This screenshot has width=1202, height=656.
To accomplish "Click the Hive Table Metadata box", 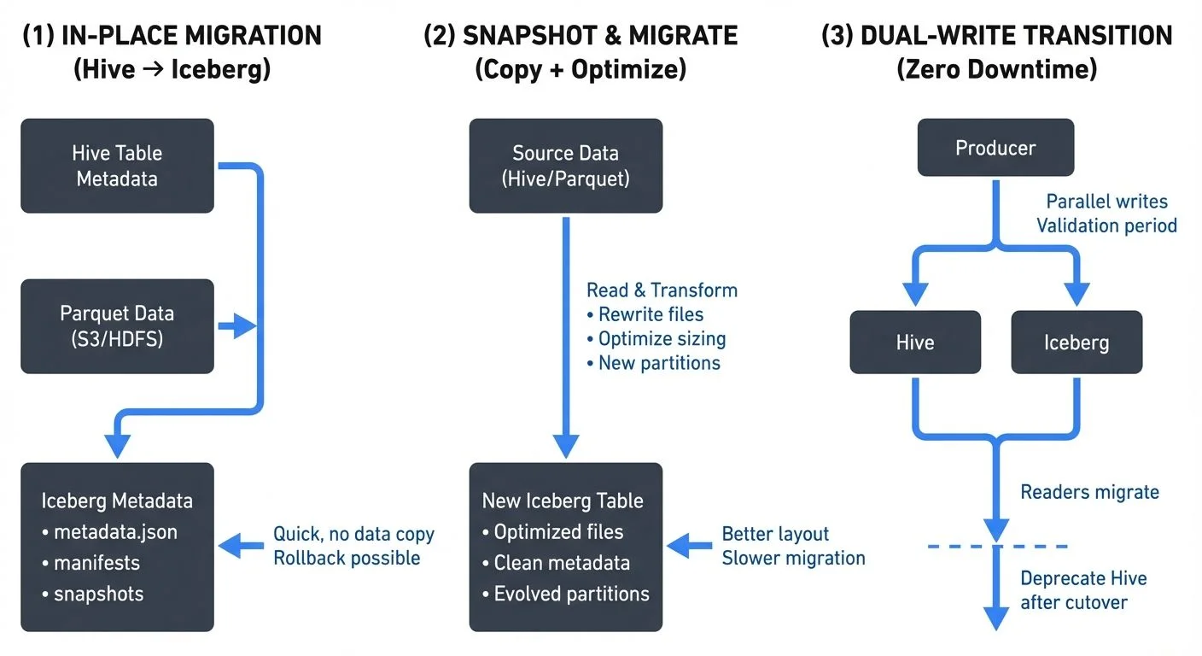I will pos(117,166).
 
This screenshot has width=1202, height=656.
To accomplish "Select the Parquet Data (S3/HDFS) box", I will pos(117,325).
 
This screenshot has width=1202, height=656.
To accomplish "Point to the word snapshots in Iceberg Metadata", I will pos(98,594).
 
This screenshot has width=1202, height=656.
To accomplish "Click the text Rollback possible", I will pos(347,558).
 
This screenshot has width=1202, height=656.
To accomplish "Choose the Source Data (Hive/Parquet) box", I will pos(565,166).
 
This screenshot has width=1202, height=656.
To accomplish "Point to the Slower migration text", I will pos(793,558).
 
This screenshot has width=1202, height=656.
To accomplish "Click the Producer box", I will pos(995,148).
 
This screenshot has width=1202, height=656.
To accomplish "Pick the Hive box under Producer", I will pos(915,343).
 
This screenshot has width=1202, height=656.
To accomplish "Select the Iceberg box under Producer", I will pos(1076,343).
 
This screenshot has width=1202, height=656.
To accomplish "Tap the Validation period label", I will pos(1106,225).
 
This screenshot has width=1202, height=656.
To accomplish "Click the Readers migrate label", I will pos(1089,492).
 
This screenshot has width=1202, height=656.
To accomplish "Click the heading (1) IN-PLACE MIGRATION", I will pos(172,36).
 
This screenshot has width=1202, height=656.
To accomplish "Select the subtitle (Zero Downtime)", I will pos(996,68).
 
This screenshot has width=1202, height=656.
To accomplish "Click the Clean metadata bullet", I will pos(562,563).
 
